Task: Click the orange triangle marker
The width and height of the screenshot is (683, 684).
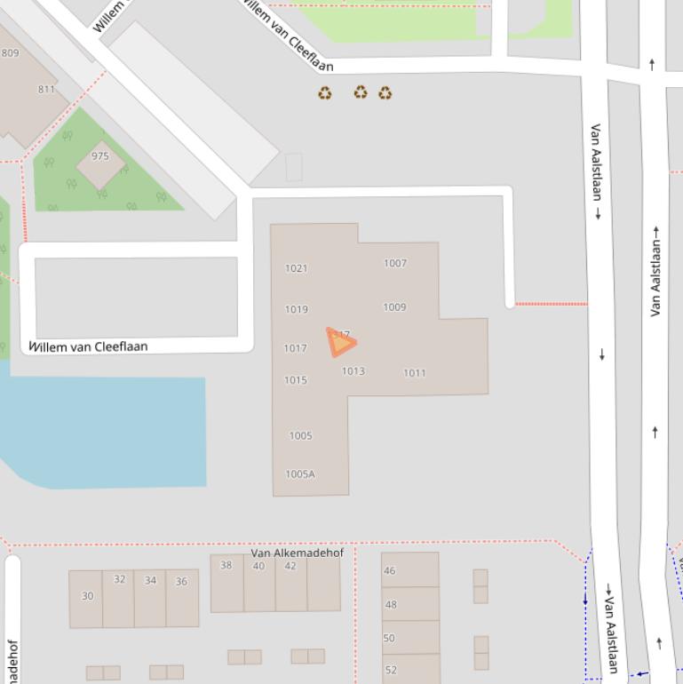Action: point(340,342)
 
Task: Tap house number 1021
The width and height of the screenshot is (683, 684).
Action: point(296,268)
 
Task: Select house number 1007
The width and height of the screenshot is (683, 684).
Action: point(395,263)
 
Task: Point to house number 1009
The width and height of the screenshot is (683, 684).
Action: point(394,307)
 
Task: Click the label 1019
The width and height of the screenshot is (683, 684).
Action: point(297,309)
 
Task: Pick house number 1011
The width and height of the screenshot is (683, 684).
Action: point(415,373)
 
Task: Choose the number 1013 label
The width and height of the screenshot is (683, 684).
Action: point(353,371)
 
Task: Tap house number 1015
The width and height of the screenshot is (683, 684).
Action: point(296,380)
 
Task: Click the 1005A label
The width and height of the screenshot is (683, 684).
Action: point(300,474)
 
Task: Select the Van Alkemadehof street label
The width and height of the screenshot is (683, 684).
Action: point(297,553)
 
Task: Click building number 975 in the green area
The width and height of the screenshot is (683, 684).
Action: point(99,156)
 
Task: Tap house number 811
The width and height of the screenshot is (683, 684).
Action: point(46,89)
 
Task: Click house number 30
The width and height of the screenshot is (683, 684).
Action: point(87,596)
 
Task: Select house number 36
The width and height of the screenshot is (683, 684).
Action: point(181,582)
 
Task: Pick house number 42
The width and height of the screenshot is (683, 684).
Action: point(290,566)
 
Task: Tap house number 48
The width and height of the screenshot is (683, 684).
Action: point(390,605)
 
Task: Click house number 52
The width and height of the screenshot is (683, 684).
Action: point(390,670)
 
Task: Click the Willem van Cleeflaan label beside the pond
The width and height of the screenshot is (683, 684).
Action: point(89,346)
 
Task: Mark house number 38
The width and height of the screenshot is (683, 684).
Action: point(226,565)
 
